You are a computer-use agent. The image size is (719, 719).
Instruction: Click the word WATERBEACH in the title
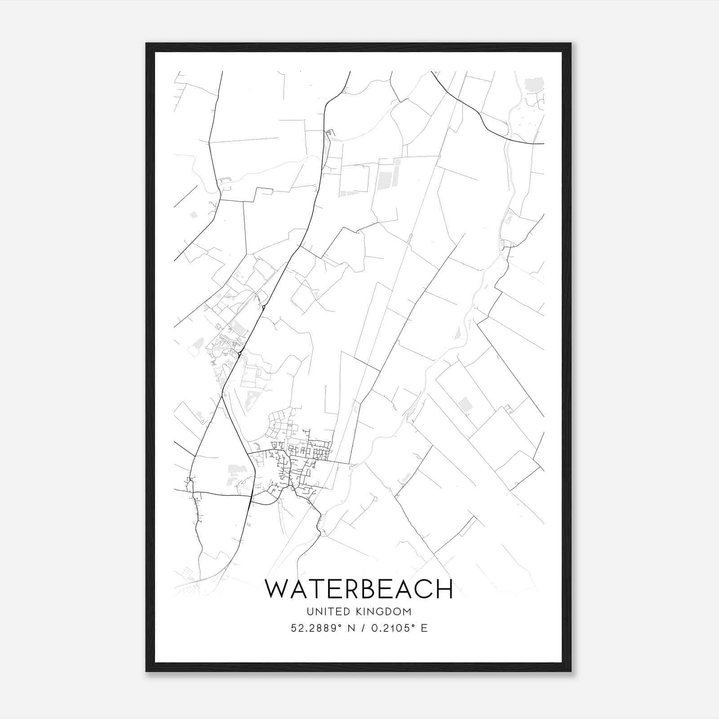(359, 589)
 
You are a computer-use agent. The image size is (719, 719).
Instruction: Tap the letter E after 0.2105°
(424, 628)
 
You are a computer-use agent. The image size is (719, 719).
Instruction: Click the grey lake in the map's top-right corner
(534, 84)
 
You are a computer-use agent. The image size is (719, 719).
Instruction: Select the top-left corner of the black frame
(146, 44)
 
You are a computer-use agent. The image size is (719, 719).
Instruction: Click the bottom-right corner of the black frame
(571, 671)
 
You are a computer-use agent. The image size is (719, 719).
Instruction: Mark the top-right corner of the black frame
(571, 44)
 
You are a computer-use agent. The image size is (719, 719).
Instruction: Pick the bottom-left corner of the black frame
(146, 671)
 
